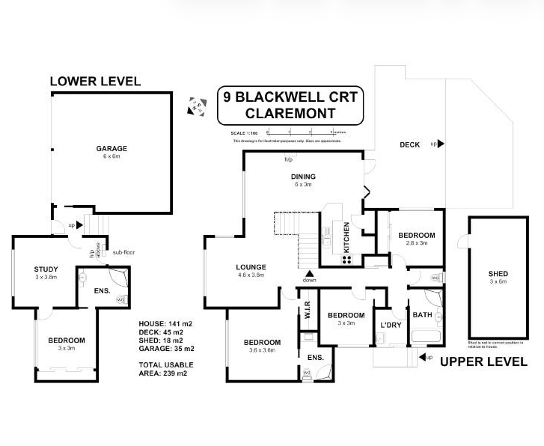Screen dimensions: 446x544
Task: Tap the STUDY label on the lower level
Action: click(46, 269)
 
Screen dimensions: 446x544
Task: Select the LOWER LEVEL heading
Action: click(94, 82)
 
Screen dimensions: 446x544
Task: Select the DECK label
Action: click(409, 144)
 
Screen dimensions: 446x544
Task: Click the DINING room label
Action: click(303, 177)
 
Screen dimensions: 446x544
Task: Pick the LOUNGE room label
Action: click(251, 267)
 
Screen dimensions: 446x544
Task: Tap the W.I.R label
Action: click(305, 309)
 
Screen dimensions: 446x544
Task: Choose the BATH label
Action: click(423, 315)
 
